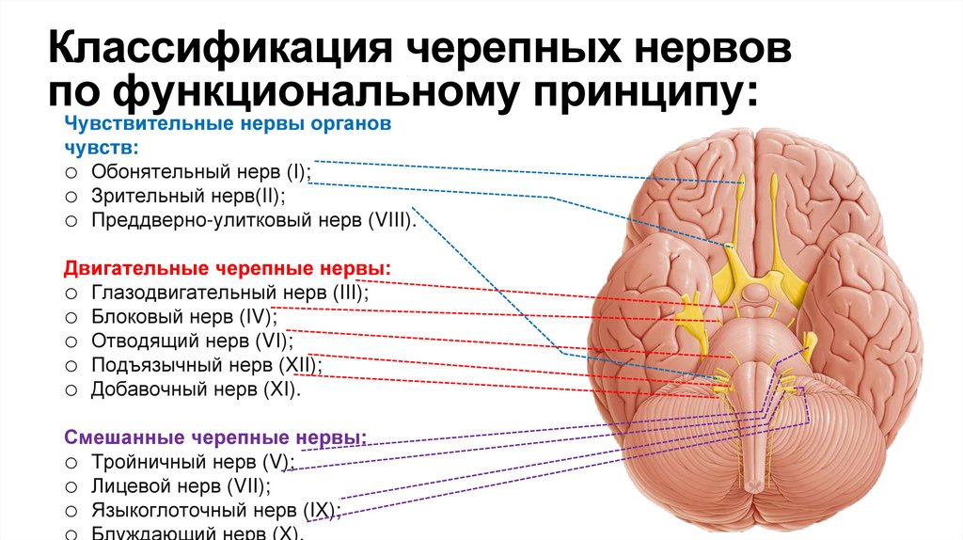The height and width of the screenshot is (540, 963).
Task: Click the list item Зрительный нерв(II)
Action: [x=188, y=197]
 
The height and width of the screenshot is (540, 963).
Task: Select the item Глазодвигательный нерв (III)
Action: [x=229, y=293]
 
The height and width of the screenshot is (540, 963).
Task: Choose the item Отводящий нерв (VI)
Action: [x=192, y=341]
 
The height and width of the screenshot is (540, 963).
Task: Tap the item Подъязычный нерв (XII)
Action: [x=207, y=365]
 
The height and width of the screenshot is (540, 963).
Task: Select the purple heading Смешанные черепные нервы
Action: [x=215, y=437]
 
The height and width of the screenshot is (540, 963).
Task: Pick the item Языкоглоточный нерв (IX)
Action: [x=215, y=511]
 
